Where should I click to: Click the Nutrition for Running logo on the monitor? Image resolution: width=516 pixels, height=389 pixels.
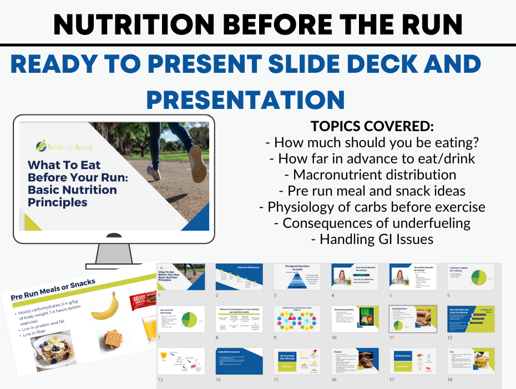point(62,146)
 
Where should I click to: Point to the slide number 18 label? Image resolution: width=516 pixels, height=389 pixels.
point(449,380)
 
